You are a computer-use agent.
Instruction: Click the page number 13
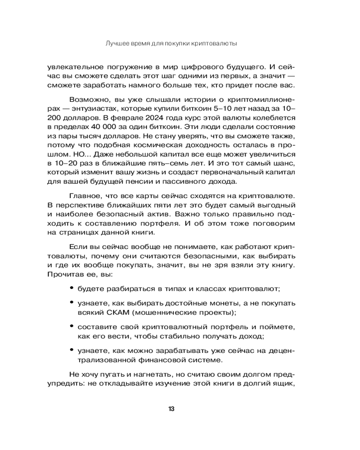tap(171, 409)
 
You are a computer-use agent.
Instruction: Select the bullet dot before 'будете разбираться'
tap(72, 288)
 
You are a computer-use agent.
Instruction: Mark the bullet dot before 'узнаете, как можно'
tap(72, 350)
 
